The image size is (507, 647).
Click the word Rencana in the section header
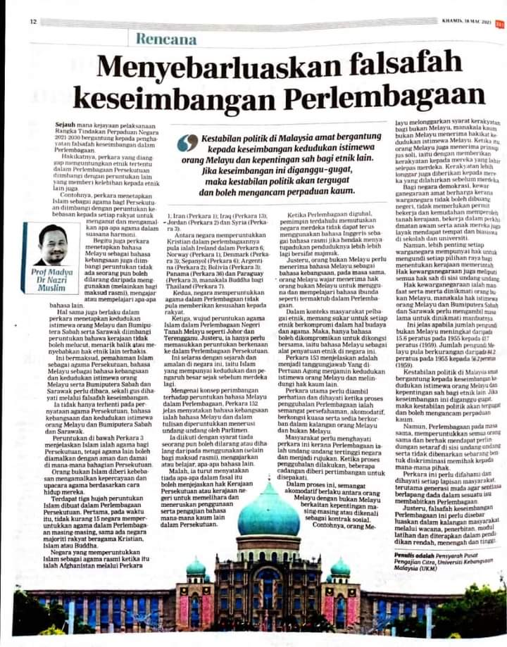(166, 39)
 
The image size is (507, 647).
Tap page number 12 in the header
(32, 21)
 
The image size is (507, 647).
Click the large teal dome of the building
(268, 512)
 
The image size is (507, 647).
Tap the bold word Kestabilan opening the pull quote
(225, 139)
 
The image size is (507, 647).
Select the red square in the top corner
(499, 22)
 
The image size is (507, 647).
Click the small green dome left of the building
(196, 566)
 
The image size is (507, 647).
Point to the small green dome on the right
(340, 566)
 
